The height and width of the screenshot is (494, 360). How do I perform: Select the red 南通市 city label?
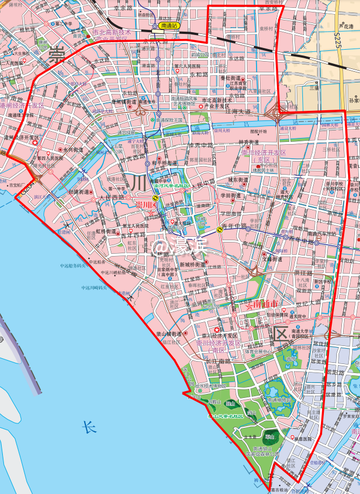pos(264,304)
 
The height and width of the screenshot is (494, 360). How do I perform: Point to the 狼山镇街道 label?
pos(169,333)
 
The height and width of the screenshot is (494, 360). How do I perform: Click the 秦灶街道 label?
pos(231,77)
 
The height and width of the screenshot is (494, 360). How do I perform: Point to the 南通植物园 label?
pos(279,399)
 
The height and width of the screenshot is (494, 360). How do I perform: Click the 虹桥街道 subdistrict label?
pos(106,231)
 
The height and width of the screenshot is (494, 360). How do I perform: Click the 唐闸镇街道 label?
pos(124,102)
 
